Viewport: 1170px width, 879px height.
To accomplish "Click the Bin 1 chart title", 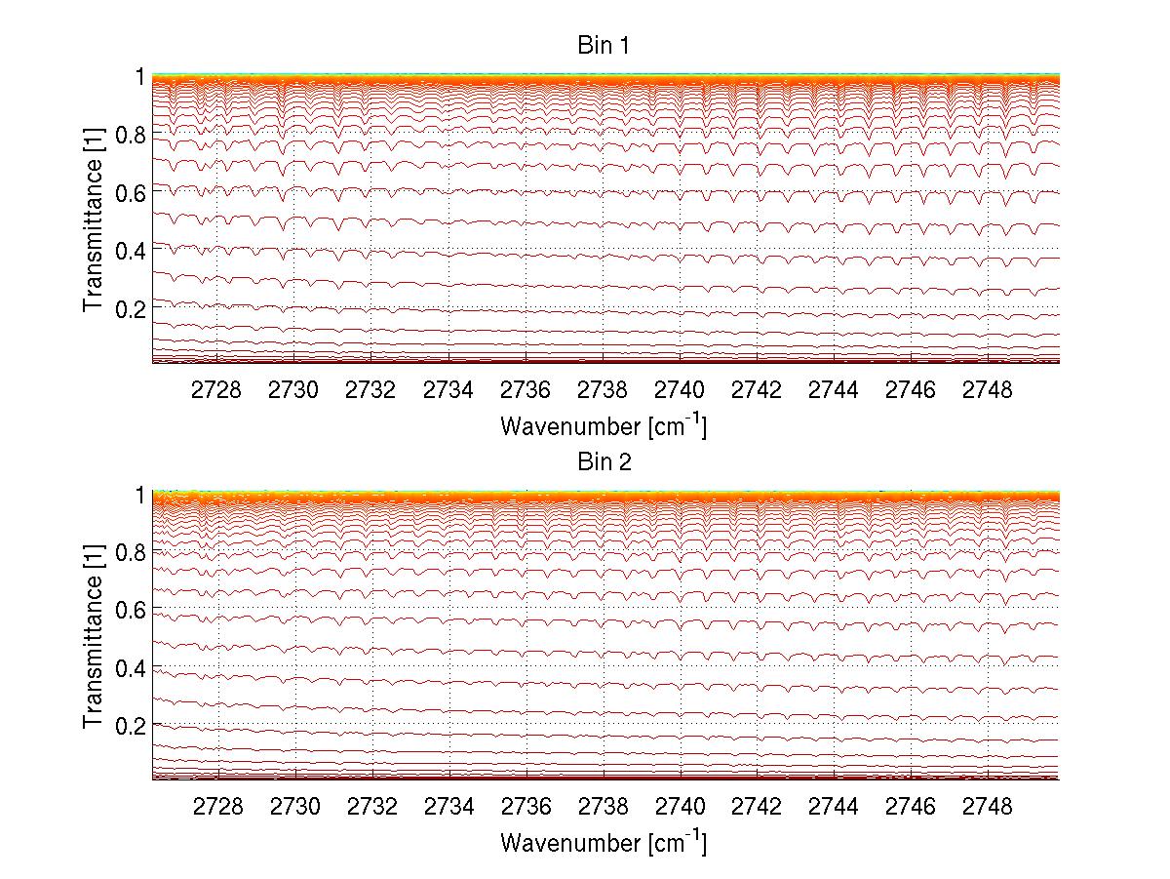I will point(604,46).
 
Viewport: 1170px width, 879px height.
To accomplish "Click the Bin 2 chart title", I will point(604,462).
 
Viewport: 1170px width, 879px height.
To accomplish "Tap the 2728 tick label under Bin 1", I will point(216,390).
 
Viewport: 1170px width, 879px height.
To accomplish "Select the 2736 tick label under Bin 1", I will point(526,390).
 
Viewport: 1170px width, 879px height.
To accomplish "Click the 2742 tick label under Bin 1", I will point(757,390).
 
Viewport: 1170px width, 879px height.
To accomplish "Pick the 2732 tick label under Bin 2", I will point(371,807).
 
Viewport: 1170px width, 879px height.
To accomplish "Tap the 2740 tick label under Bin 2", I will point(680,807).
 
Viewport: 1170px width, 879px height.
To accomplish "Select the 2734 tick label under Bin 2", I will point(448,807).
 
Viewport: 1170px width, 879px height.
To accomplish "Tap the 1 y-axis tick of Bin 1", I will point(140,77).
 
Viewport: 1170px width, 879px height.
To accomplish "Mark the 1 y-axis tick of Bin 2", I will point(140,495).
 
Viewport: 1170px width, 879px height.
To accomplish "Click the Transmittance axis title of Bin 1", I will point(94,220).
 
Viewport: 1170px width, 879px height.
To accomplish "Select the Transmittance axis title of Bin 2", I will point(94,637).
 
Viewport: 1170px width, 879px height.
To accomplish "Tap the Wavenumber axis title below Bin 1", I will point(604,425).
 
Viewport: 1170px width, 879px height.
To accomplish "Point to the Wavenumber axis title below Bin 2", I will point(604,842).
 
